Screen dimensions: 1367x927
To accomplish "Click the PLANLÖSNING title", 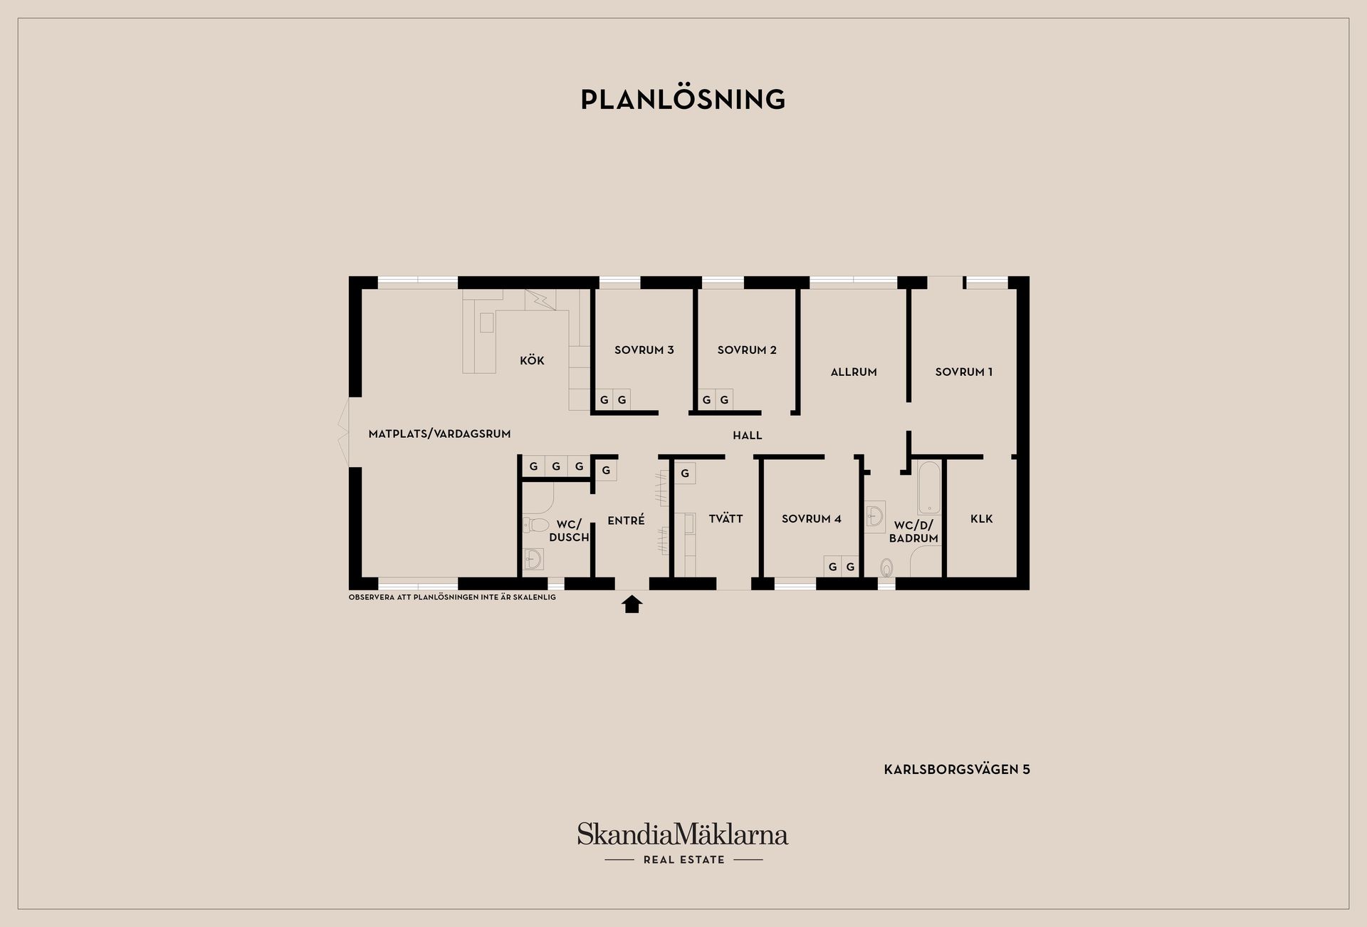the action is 683,99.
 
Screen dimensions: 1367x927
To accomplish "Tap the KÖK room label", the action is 532,360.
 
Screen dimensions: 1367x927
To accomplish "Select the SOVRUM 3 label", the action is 644,350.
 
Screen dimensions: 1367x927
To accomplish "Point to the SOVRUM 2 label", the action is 747,350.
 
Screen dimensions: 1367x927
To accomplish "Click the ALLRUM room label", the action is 854,372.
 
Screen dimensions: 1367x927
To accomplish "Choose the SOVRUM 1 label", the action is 963,372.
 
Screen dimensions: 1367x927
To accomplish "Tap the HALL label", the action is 748,435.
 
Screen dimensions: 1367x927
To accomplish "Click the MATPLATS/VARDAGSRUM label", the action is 439,434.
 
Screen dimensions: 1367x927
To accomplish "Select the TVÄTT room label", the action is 726,518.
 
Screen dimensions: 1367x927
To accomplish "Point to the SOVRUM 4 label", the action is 811,518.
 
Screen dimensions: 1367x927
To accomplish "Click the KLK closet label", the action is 981,518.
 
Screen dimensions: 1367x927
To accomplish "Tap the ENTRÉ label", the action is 626,520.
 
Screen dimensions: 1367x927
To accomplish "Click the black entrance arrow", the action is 632,604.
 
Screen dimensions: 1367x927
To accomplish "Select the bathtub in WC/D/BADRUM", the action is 929,488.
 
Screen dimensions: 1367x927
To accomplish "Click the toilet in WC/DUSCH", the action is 535,525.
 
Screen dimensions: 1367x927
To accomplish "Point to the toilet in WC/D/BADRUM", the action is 886,567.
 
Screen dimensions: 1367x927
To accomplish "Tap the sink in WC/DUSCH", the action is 533,559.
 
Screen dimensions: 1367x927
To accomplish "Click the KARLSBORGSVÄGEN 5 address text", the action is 957,769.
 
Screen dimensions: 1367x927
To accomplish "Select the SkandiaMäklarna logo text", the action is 683,834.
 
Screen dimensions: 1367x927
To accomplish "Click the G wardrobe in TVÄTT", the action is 685,473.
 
